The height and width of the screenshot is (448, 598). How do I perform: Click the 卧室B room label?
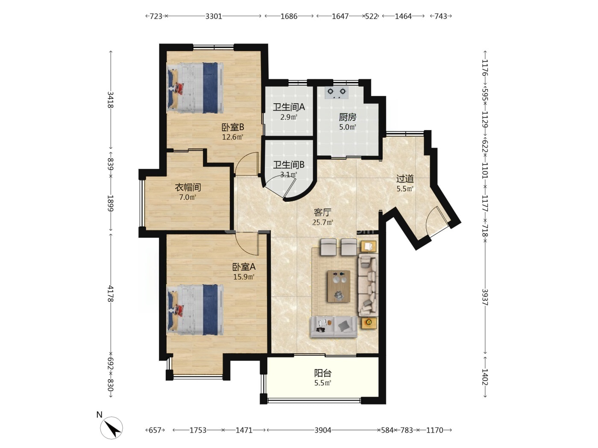(x=232, y=127)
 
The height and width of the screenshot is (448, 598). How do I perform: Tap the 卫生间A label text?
(x=289, y=107)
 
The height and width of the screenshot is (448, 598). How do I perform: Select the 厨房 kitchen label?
(x=347, y=117)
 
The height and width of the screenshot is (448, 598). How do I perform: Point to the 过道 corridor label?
(x=405, y=179)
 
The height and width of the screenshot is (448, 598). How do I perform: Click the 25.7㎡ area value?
(x=322, y=222)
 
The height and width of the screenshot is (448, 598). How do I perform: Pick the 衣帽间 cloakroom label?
(x=188, y=187)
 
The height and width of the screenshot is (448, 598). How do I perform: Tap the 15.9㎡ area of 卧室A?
(x=243, y=277)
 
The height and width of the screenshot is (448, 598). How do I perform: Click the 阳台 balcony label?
(x=322, y=373)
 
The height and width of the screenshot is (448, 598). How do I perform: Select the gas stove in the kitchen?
(x=337, y=93)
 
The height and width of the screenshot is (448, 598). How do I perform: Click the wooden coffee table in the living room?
(x=339, y=286)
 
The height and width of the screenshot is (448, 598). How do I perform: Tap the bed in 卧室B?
(x=195, y=88)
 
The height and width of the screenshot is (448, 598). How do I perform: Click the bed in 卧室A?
(x=195, y=310)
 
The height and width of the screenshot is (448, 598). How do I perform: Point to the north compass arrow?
(x=114, y=429)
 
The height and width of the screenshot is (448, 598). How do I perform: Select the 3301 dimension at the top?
(x=214, y=16)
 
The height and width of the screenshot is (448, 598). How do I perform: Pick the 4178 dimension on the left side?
(x=110, y=294)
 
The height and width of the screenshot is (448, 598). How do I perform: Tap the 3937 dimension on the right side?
(x=485, y=297)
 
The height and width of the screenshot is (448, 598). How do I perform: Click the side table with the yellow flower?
(x=369, y=323)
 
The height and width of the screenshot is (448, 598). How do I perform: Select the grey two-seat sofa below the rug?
(x=334, y=327)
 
